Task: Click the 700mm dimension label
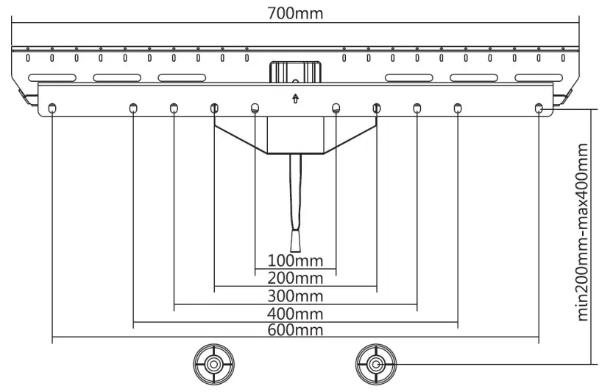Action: click(x=295, y=13)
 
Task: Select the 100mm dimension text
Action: click(x=295, y=260)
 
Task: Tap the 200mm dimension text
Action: click(x=295, y=278)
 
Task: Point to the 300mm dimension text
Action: click(x=295, y=295)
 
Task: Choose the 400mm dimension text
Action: click(x=295, y=313)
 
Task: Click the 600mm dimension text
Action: click(x=295, y=330)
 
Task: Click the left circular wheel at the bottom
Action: click(x=213, y=364)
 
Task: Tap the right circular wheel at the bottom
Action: click(x=375, y=364)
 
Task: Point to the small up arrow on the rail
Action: click(x=295, y=99)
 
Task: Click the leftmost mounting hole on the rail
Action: click(x=52, y=109)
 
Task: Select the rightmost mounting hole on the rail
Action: click(x=539, y=109)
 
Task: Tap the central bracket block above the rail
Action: click(x=295, y=71)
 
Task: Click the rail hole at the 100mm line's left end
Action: click(x=255, y=109)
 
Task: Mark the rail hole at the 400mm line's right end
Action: click(x=458, y=109)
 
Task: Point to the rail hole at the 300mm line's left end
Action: click(x=174, y=109)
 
